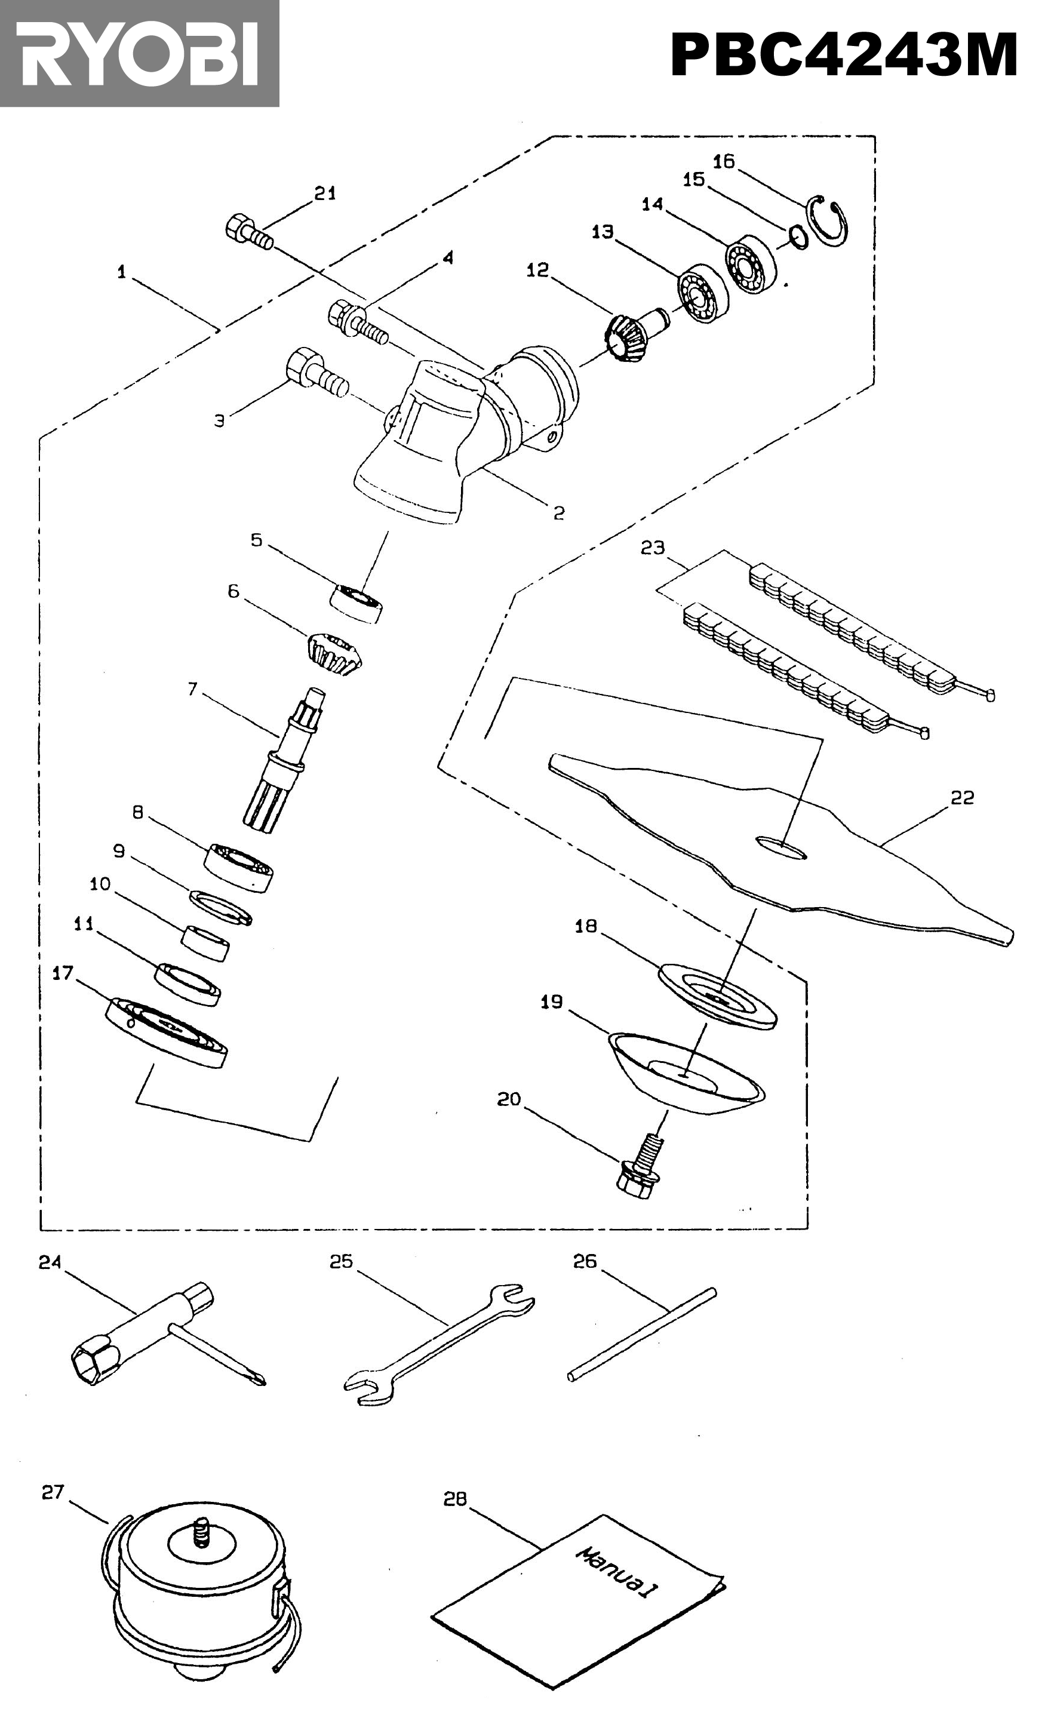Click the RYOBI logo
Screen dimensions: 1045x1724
tap(139, 53)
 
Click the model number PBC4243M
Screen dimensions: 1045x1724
tap(844, 56)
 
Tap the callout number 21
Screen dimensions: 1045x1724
tap(325, 194)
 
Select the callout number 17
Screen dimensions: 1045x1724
tap(62, 973)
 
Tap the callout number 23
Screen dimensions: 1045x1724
tap(653, 548)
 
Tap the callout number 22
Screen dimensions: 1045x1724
tap(962, 798)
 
